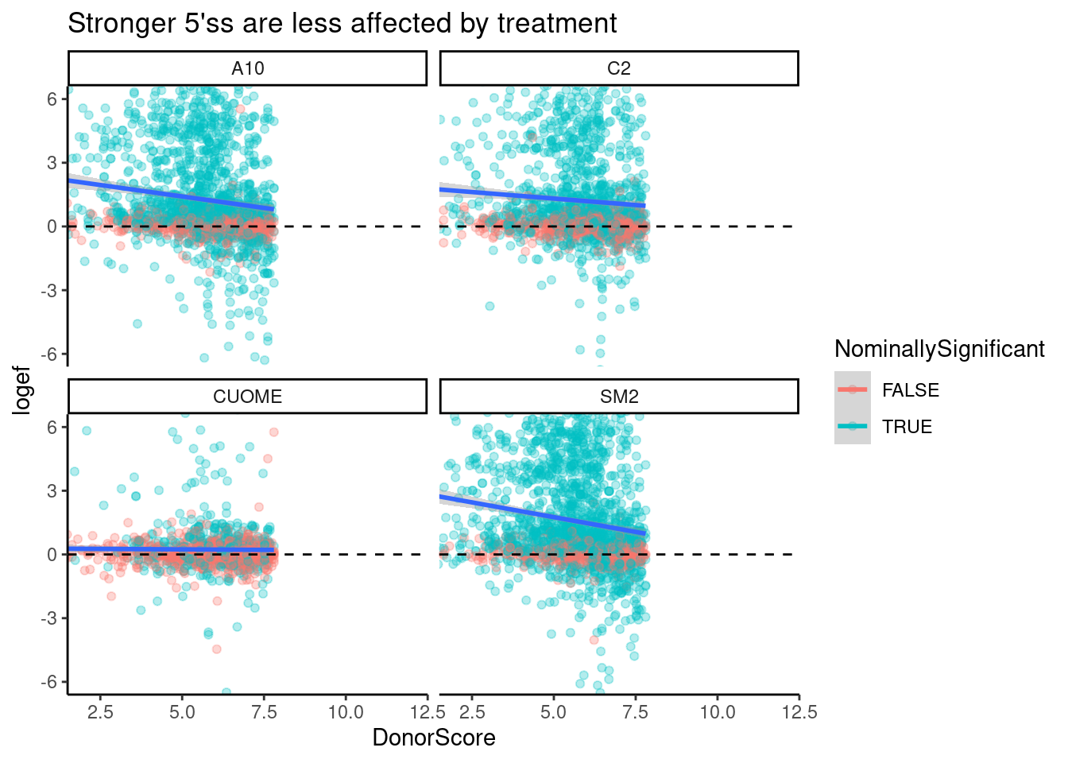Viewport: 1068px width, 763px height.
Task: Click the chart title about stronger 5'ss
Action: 342,24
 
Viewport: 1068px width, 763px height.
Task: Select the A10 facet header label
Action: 247,69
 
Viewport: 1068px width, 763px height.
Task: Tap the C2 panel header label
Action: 618,69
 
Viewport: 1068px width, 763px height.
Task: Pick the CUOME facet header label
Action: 247,397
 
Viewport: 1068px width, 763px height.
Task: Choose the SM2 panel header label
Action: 618,397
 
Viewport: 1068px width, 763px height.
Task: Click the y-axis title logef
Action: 22,389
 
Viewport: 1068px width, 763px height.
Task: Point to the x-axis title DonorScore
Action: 434,738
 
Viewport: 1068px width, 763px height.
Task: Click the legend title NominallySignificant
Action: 939,349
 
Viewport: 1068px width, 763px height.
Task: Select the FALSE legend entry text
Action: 911,390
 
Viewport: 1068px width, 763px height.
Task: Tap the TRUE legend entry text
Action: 907,427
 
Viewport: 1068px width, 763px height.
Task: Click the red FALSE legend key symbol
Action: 853,389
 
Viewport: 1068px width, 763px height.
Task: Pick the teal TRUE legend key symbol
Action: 853,426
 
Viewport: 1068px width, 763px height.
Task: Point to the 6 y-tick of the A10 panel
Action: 52,99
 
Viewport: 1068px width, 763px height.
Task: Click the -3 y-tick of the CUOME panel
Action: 48,618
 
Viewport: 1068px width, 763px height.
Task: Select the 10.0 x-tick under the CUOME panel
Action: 346,712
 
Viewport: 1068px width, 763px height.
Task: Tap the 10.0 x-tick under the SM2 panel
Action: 717,712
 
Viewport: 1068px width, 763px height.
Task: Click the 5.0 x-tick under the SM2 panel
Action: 553,712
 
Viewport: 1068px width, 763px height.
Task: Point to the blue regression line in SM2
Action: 540,514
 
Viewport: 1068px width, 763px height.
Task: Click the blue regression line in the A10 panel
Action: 171,195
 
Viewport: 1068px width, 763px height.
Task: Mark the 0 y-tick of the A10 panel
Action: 52,227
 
